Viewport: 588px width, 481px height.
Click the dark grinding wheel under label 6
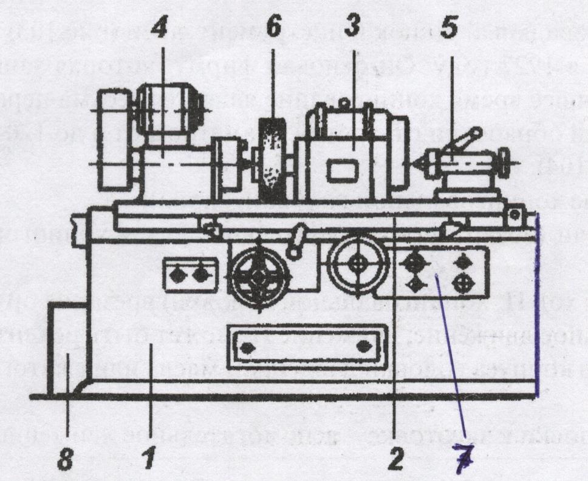coord(273,160)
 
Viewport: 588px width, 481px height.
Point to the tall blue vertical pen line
coord(537,303)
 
